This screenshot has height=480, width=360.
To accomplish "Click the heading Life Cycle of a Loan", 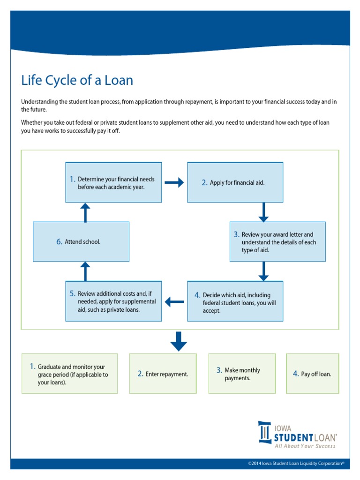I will [x=77, y=80].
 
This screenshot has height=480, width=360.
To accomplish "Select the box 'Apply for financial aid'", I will [x=235, y=182].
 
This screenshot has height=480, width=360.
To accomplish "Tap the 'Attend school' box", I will [x=81, y=241].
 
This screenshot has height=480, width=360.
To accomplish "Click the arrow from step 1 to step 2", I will [x=174, y=183].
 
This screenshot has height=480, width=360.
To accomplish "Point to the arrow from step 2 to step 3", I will [x=263, y=212].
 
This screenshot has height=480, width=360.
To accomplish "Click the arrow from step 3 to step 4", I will [x=263, y=271].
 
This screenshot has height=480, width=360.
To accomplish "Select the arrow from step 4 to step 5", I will [x=174, y=302].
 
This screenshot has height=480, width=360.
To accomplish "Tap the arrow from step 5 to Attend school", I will [x=85, y=271].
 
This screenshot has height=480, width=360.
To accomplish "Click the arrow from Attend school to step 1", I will [x=85, y=212].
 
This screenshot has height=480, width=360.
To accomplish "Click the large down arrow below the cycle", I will [x=179, y=341].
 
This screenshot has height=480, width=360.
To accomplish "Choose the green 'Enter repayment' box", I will [x=163, y=374].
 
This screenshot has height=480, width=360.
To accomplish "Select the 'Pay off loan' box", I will [x=312, y=374].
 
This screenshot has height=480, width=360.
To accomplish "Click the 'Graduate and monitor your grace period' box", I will [x=70, y=374].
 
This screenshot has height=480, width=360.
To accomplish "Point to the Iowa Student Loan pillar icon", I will [x=265, y=432].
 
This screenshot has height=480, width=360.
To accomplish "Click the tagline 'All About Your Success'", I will [x=305, y=446].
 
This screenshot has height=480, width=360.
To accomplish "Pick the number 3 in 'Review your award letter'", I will [x=237, y=234].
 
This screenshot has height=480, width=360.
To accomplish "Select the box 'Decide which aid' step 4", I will [x=235, y=301].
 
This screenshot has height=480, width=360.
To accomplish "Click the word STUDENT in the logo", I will [x=294, y=437].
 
